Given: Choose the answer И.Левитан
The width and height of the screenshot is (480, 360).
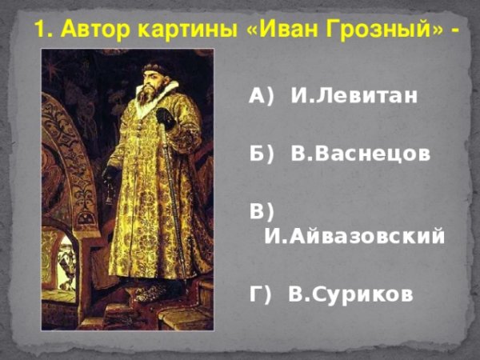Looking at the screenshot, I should [x=354, y=98].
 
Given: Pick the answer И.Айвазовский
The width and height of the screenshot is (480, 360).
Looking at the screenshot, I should [x=354, y=236].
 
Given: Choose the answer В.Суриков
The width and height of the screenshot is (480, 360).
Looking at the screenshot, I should [x=350, y=294].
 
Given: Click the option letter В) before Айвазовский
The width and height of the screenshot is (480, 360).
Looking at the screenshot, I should [x=262, y=212].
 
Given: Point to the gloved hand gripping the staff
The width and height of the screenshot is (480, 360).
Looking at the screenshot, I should [x=166, y=118].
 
